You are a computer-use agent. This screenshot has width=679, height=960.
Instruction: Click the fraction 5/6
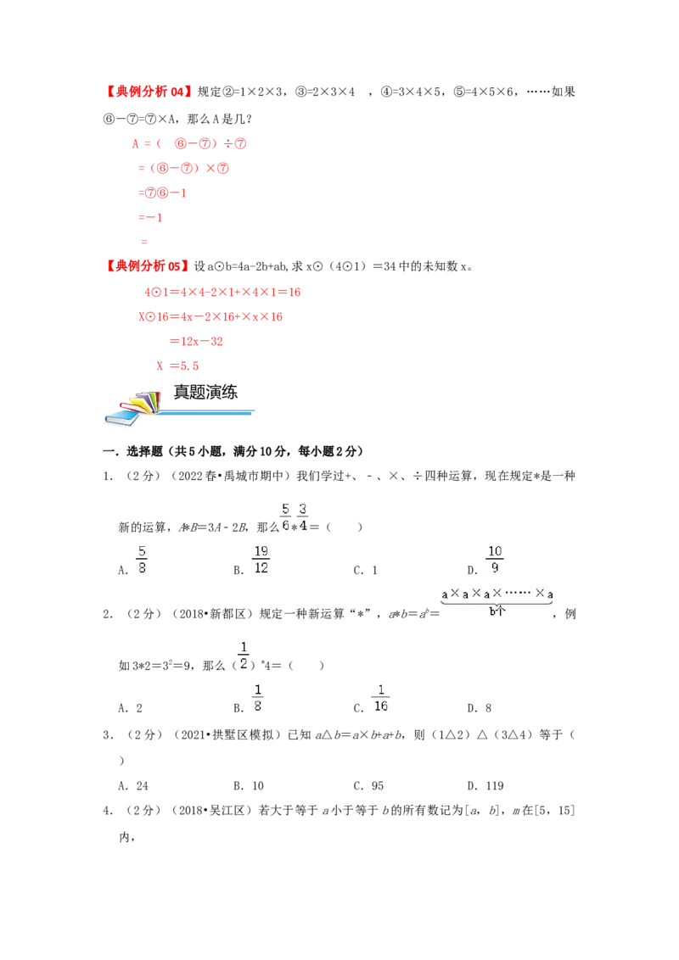tap(285, 516)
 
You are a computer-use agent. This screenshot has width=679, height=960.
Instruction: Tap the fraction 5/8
tap(140, 561)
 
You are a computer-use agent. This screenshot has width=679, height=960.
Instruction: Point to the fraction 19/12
tap(261, 561)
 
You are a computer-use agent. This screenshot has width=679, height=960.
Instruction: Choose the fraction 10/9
tap(496, 561)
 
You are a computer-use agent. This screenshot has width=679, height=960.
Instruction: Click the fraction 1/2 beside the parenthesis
tap(244, 655)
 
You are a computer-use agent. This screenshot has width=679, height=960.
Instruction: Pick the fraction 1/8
tap(258, 695)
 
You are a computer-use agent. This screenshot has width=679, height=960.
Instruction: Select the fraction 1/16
tap(380, 695)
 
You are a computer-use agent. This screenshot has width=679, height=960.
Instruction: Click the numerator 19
tap(261, 552)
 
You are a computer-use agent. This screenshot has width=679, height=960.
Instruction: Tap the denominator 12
tap(261, 569)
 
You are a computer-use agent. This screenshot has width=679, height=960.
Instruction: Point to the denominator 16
tap(381, 705)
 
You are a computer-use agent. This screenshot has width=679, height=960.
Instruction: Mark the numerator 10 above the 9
tap(496, 552)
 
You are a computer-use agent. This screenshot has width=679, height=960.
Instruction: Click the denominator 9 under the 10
tap(496, 569)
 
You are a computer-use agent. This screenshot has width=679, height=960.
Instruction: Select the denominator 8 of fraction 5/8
tap(141, 569)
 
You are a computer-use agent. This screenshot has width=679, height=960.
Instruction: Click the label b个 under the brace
tap(497, 611)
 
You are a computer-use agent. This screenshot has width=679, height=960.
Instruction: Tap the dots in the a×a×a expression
tap(517, 594)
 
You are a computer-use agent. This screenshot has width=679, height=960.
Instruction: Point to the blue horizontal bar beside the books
tap(208, 413)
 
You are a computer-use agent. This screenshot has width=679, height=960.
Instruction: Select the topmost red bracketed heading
tap(149, 92)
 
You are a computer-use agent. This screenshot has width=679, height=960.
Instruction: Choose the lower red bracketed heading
tap(147, 266)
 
